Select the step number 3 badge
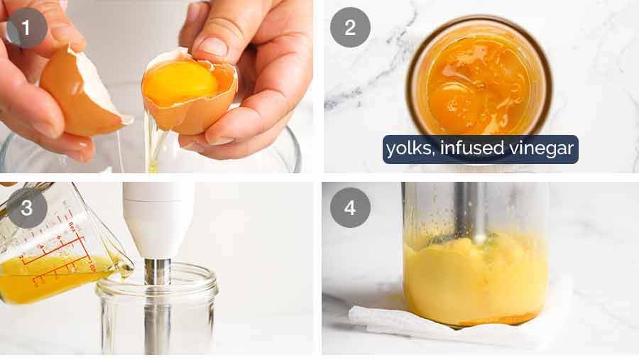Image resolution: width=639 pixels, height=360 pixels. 27,208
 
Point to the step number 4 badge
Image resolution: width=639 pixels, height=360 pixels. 350,208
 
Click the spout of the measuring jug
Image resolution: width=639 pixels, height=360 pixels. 126,266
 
